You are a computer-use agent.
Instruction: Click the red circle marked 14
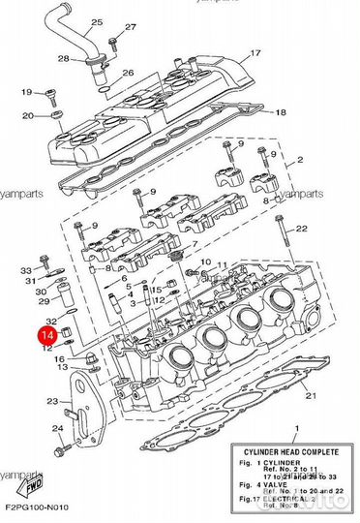point(45,335)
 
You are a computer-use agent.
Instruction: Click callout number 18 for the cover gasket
point(281,112)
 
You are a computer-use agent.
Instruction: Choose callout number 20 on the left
point(28,115)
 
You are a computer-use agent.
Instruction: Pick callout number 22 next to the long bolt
point(301,229)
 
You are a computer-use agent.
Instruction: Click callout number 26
point(127,74)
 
